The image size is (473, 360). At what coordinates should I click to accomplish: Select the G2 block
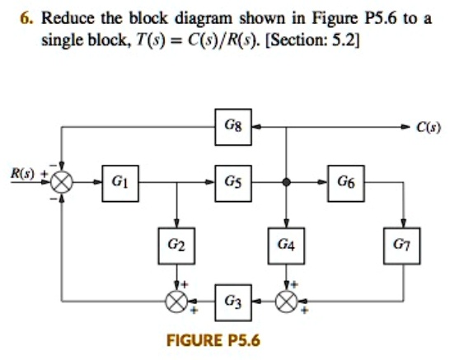tap(176, 245)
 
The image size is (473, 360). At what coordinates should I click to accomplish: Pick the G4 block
tap(285, 245)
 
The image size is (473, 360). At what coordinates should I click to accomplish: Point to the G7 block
tap(402, 245)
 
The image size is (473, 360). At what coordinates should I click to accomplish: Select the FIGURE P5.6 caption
tap(213, 339)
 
